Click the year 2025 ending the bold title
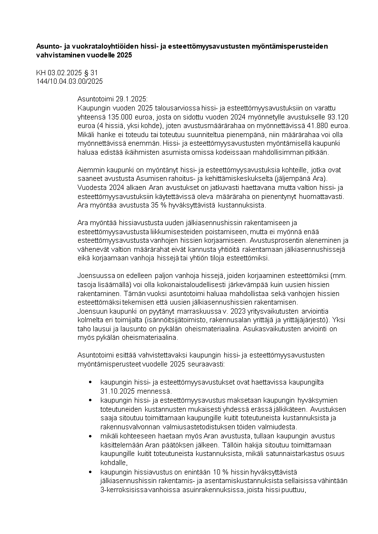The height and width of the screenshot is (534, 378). coord(123,55)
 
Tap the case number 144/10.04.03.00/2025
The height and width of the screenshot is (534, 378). coord(70,81)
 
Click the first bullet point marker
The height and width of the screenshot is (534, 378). coord(90,382)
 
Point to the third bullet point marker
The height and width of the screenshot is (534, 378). coord(90,436)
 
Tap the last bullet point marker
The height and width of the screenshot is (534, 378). coord(90,471)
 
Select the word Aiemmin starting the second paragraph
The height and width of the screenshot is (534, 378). coord(90,170)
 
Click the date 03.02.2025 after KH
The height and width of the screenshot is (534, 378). coord(64,73)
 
